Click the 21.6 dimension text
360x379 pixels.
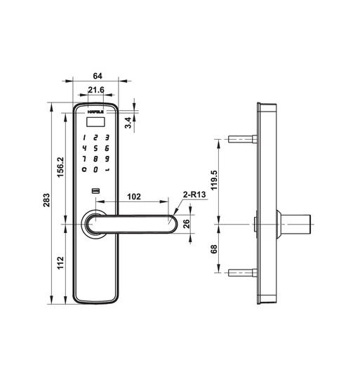click(96, 91)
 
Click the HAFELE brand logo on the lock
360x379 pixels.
click(95, 109)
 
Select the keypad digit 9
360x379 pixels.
click(107, 159)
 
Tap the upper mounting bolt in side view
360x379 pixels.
click(242, 139)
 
